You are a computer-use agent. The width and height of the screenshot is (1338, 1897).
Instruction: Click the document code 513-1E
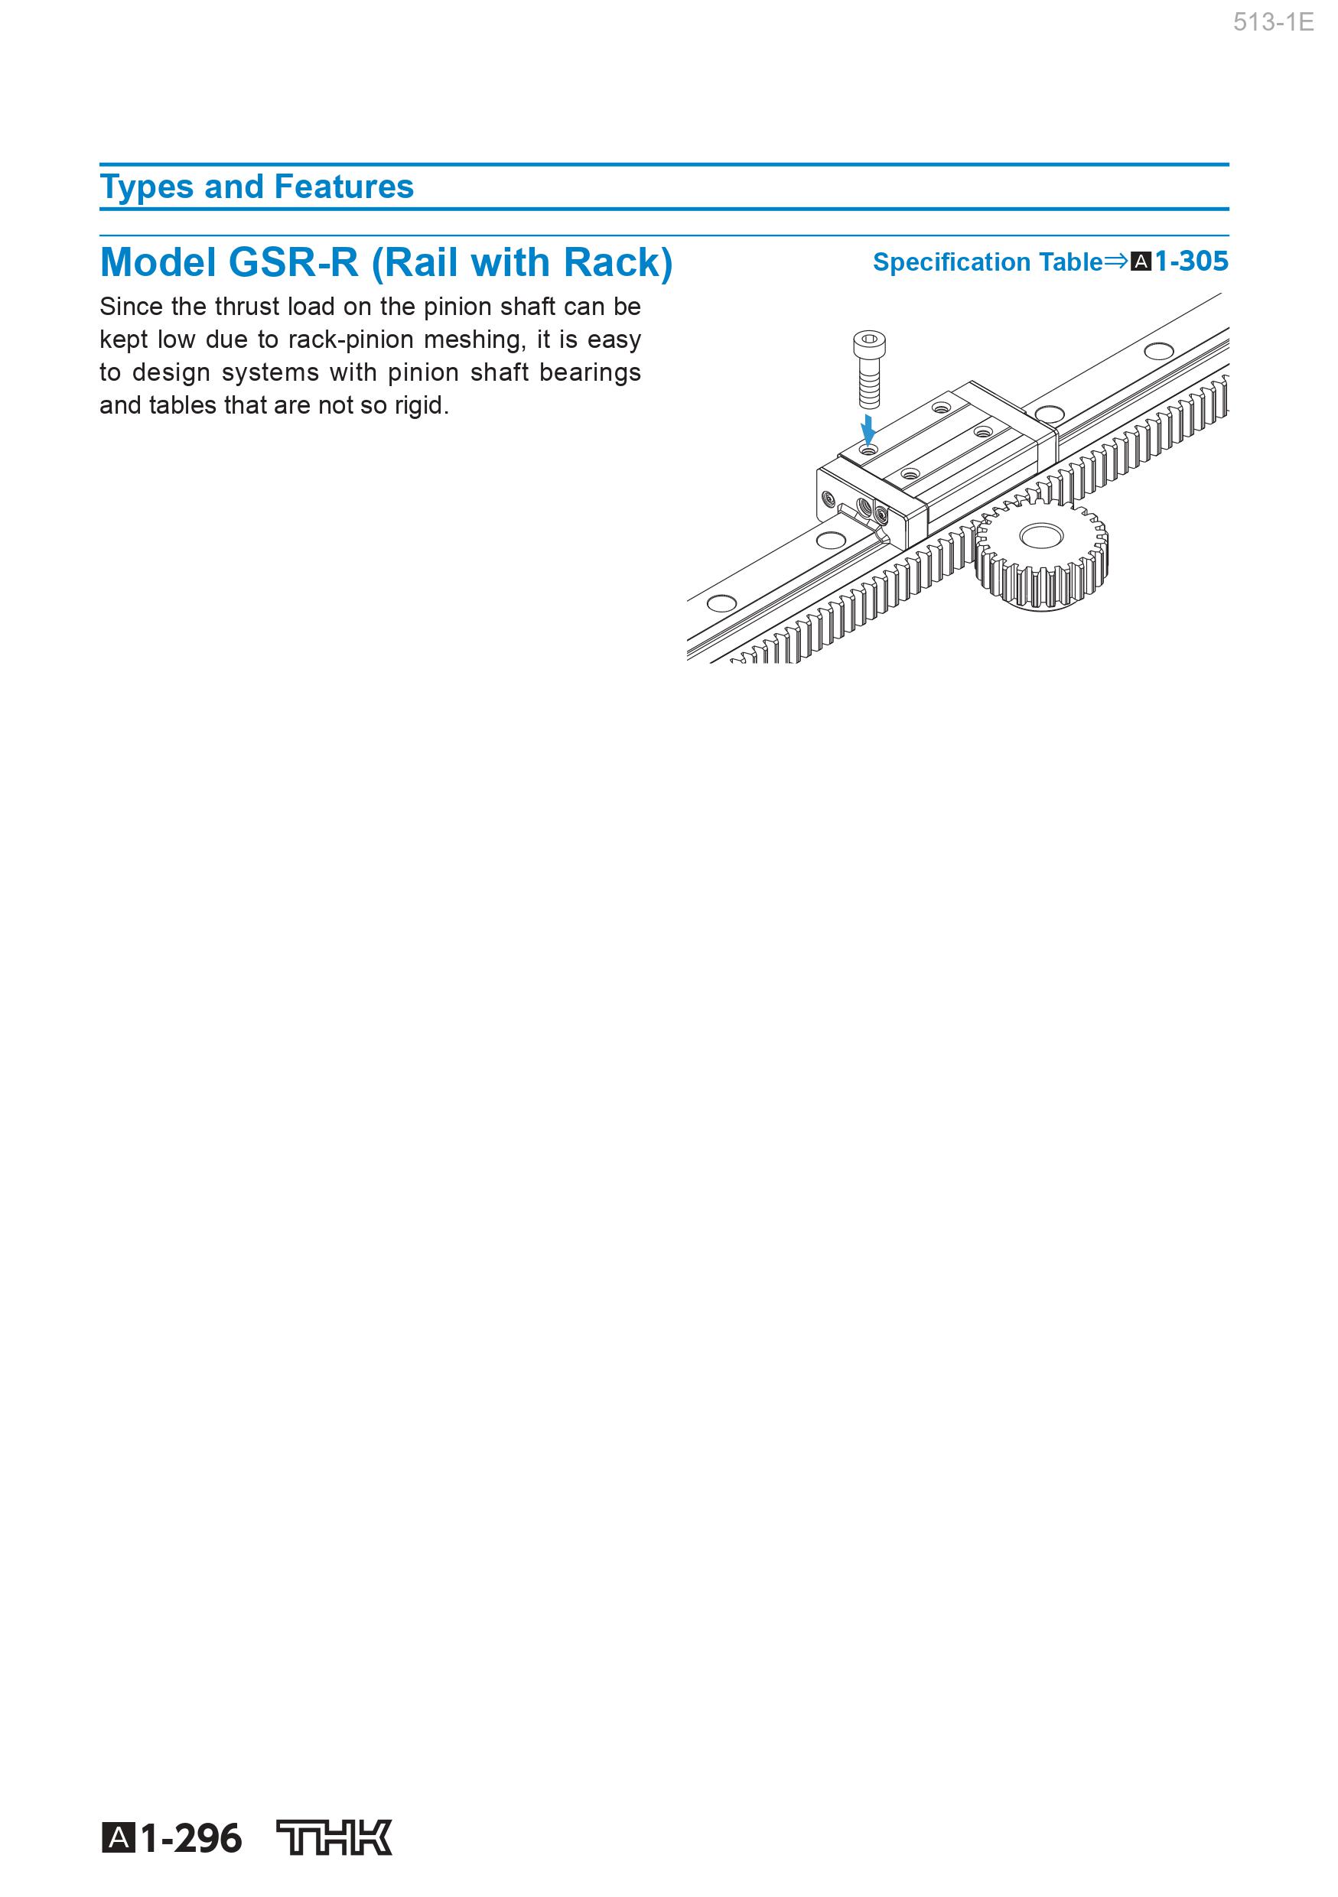pyautogui.click(x=1273, y=22)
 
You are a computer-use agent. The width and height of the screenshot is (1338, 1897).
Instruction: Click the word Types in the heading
pyautogui.click(x=146, y=187)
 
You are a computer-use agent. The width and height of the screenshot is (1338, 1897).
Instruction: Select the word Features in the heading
pyautogui.click(x=343, y=187)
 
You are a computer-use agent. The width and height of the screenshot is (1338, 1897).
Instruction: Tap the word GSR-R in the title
pyautogui.click(x=294, y=263)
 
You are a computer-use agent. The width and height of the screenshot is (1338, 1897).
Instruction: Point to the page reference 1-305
pyautogui.click(x=1191, y=261)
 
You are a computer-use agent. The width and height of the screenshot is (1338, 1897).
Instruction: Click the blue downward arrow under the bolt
pyautogui.click(x=868, y=430)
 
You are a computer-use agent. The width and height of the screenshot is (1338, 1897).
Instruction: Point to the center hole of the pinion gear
pyautogui.click(x=1040, y=536)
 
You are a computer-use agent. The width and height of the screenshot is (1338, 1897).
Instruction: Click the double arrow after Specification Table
pyautogui.click(x=1116, y=261)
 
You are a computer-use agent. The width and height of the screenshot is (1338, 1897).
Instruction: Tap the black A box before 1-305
pyautogui.click(x=1141, y=262)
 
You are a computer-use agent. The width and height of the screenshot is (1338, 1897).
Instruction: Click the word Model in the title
pyautogui.click(x=158, y=263)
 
